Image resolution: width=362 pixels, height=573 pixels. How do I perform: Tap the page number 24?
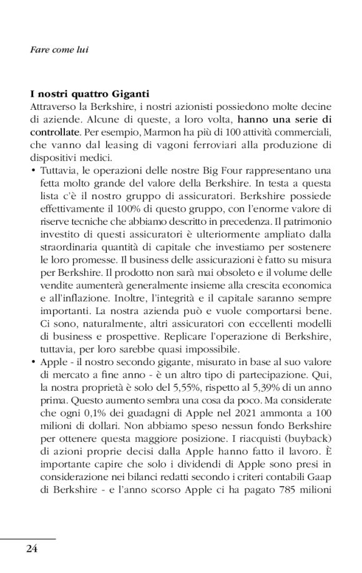(x=32, y=549)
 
